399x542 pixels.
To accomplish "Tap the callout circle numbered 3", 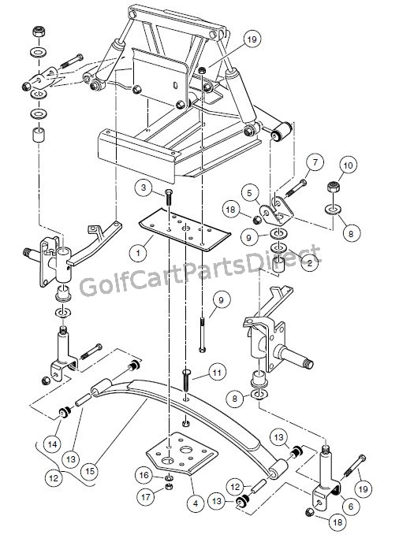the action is pos(143,187).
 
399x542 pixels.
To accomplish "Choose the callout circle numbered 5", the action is pos(250,191).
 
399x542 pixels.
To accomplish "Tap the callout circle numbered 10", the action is pos(349,165).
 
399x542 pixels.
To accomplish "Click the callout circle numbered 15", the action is pos(90,470).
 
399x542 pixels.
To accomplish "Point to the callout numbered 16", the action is pos(144,476).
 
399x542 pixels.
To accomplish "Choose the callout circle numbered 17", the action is pos(144,497).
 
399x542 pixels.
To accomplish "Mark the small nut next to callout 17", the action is pos(168,488).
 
